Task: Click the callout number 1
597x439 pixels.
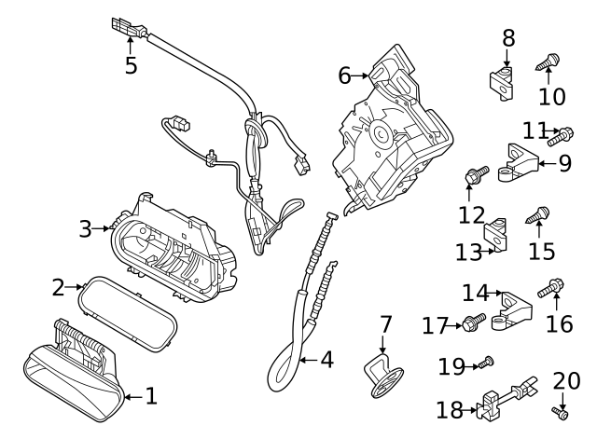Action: [149, 396]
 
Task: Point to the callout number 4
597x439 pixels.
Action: [326, 359]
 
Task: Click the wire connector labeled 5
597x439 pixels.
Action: [127, 27]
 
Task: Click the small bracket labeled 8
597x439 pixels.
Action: [502, 79]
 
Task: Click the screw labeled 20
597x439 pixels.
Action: [562, 411]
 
